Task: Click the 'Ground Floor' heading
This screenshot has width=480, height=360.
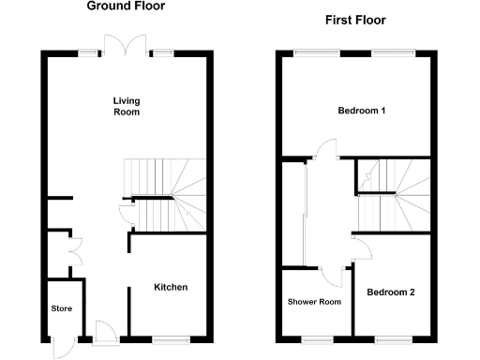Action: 126,6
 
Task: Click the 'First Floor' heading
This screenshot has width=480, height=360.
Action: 354,20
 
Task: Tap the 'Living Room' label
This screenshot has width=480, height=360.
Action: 126,106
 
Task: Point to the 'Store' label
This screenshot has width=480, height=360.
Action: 62,307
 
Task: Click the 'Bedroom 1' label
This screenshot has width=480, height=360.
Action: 363,111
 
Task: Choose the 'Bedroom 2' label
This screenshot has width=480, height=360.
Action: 391,292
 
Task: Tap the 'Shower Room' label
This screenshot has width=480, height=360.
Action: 313,302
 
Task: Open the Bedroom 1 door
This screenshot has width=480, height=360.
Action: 325,149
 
